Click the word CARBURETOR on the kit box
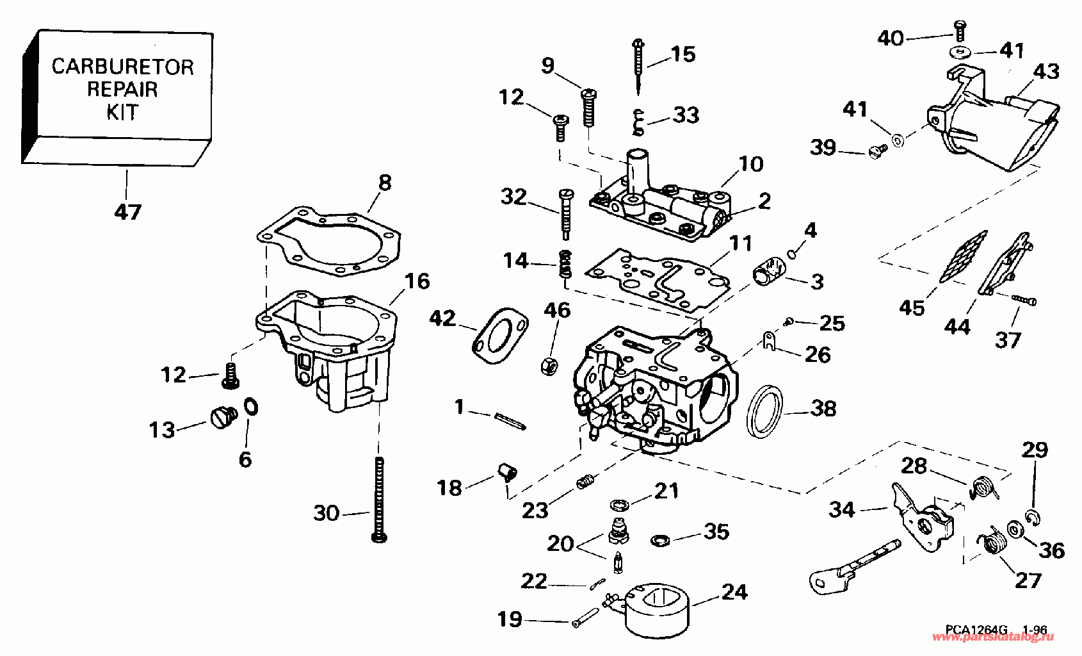tap(122, 67)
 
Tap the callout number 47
tap(127, 211)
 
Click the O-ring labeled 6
tap(251, 406)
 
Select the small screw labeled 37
tap(1025, 300)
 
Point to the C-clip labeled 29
tap(1033, 500)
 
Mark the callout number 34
tap(841, 510)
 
